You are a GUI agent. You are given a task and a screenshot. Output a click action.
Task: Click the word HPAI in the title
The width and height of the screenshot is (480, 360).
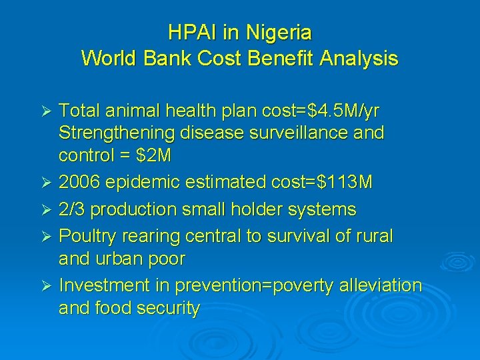[189, 32]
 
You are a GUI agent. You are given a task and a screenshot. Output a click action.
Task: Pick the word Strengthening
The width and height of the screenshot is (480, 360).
[116, 133]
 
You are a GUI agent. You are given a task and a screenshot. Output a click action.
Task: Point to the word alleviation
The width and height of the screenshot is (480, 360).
[380, 285]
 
